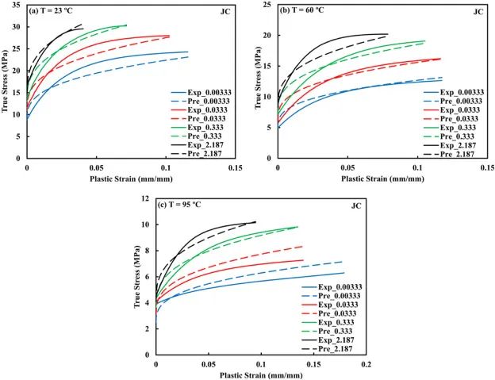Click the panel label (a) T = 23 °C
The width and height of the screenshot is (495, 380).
[x=56, y=11]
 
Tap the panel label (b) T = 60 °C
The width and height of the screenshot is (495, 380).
[x=306, y=11]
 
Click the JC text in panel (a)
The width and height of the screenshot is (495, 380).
[x=224, y=12]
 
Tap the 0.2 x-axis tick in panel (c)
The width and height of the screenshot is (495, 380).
[x=366, y=365]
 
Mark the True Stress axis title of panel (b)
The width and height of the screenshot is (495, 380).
[x=257, y=83]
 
